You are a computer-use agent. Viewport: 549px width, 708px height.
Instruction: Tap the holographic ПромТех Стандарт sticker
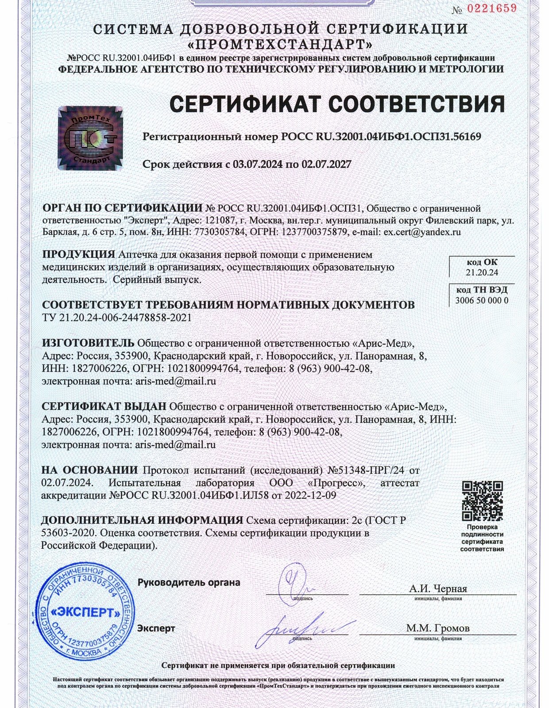[91, 138]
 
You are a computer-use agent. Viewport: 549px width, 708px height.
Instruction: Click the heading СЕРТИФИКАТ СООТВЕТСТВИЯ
[337, 104]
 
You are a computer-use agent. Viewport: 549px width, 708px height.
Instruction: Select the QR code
[482, 501]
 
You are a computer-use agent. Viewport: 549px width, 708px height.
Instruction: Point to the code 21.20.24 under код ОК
[482, 273]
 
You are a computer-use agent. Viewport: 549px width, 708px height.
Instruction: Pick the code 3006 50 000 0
[482, 300]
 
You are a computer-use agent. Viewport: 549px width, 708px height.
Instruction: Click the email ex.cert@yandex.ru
[422, 232]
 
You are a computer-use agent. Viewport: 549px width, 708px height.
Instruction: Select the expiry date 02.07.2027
[326, 165]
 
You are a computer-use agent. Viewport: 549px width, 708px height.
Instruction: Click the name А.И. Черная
[438, 589]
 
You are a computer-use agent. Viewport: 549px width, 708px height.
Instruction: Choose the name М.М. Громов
[438, 628]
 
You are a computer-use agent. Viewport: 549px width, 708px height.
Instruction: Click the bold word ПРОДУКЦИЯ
[78, 254]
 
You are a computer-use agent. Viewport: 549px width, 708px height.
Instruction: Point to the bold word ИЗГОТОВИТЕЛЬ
[88, 343]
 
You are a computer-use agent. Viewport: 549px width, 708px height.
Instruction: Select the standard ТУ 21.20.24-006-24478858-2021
[117, 318]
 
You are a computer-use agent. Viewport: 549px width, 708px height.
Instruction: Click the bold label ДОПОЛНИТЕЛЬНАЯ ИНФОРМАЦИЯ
[142, 520]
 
